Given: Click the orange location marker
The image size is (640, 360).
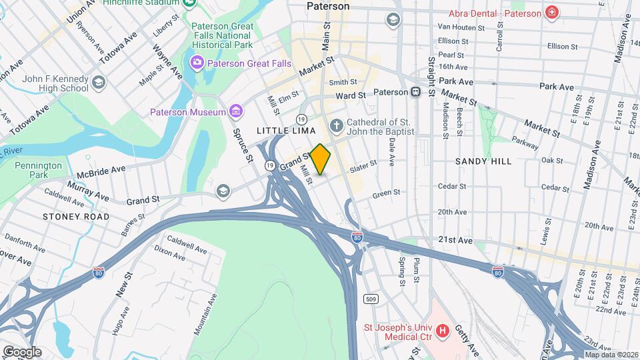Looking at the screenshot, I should [x=321, y=159].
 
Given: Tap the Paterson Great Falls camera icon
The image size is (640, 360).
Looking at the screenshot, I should [x=197, y=63].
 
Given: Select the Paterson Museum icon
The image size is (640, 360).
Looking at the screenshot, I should [x=235, y=111].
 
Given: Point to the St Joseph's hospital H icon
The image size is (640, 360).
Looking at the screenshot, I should [x=441, y=330].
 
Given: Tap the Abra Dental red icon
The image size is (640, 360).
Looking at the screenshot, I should [x=551, y=12].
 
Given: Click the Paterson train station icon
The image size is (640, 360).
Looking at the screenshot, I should [x=415, y=92].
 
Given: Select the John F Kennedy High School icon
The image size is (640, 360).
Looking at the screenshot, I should [x=99, y=83].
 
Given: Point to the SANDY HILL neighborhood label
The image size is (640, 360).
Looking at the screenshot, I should [x=483, y=161].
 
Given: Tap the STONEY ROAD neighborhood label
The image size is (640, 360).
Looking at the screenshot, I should [x=75, y=217].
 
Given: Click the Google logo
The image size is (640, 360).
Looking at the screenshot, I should [x=21, y=351].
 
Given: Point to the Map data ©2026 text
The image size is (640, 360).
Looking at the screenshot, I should [x=611, y=354].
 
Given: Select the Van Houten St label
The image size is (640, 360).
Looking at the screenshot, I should [x=460, y=27].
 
